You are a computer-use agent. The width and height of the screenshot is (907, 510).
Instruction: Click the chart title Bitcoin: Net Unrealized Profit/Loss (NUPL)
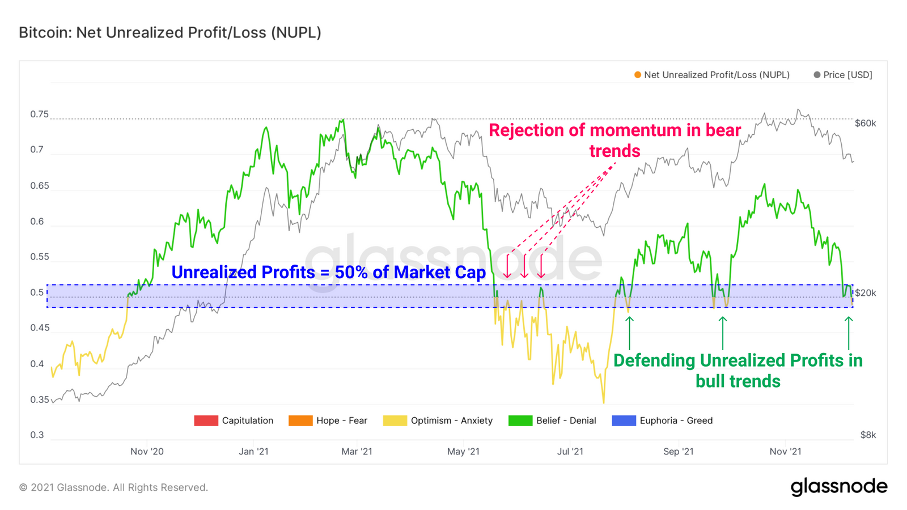pyautogui.click(x=170, y=33)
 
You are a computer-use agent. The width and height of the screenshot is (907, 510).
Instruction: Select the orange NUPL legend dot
pyautogui.click(x=638, y=75)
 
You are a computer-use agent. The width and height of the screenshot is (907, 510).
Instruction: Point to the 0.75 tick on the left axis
pyautogui.click(x=40, y=114)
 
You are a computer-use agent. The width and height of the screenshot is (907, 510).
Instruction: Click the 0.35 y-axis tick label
pyautogui.click(x=40, y=399)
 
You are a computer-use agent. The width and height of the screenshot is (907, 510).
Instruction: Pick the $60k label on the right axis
pyautogui.click(x=865, y=124)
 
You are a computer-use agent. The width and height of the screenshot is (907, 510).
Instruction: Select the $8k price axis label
pyautogui.click(x=868, y=435)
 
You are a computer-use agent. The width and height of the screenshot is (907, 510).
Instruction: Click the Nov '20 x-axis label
pyautogui.click(x=147, y=452)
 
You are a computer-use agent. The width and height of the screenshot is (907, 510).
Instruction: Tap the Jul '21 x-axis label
pyautogui.click(x=570, y=452)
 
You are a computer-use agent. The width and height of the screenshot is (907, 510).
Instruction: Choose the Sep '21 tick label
pyautogui.click(x=678, y=452)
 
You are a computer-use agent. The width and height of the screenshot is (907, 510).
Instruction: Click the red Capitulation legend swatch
pyautogui.click(x=206, y=420)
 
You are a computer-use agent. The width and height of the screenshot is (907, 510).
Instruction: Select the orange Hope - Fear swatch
pyautogui.click(x=300, y=420)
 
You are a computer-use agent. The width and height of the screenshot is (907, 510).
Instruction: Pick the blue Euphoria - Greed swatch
pyautogui.click(x=624, y=420)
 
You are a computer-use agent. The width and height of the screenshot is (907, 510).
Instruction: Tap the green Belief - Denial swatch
pyautogui.click(x=520, y=420)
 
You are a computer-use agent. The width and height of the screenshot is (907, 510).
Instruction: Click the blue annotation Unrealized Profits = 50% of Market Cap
pyautogui.click(x=328, y=273)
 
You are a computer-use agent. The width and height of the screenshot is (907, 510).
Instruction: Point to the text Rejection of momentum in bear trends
pyautogui.click(x=614, y=141)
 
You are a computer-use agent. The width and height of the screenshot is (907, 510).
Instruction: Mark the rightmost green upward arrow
pyautogui.click(x=848, y=333)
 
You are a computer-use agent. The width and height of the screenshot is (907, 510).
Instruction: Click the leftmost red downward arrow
pyautogui.click(x=507, y=266)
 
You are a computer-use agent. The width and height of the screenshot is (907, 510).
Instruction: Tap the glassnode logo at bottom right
pyautogui.click(x=838, y=487)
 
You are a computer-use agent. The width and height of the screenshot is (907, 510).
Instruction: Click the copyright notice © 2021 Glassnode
pyautogui.click(x=113, y=487)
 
